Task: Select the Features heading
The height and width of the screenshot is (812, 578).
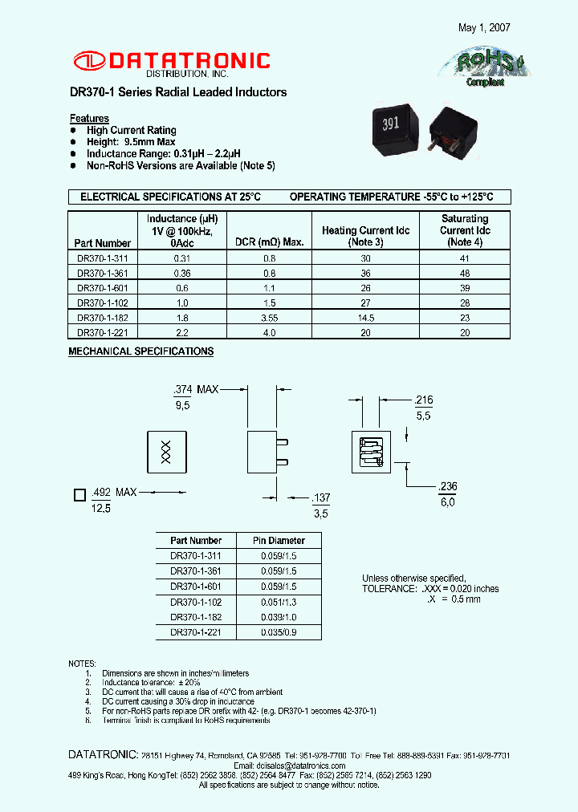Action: [89, 118]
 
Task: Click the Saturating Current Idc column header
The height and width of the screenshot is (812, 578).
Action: [465, 230]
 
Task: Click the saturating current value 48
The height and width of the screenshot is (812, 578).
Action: [465, 273]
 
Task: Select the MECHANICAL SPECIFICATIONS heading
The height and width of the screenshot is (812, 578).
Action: [140, 351]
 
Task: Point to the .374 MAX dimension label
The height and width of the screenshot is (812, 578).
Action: [196, 389]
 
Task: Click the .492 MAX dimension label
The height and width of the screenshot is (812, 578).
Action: [114, 492]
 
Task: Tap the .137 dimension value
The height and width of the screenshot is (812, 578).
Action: [320, 498]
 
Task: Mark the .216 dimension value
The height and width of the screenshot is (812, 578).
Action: [424, 400]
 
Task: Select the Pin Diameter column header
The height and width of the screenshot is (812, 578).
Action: [279, 541]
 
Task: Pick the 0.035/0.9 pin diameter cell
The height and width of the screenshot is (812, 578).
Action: [279, 632]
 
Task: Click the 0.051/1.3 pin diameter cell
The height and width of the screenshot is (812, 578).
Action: [279, 602]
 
